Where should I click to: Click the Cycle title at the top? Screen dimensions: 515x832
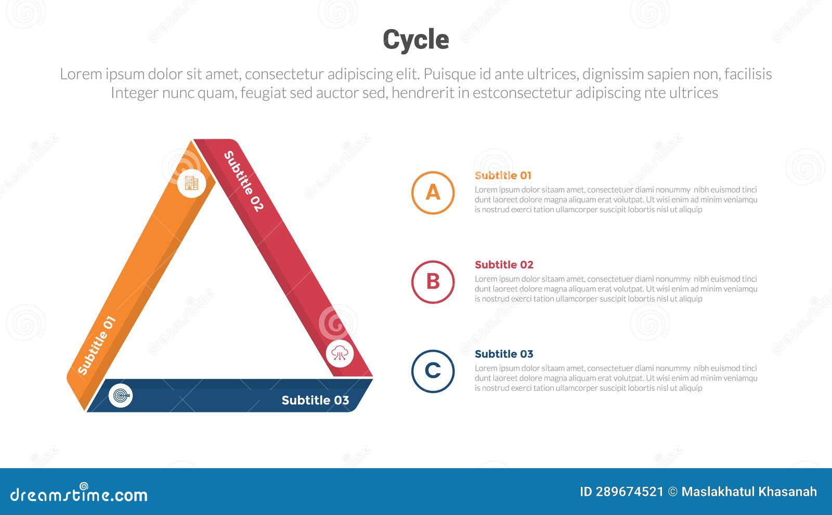416,40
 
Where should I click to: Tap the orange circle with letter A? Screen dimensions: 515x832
433,192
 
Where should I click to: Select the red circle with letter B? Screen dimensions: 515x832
433,282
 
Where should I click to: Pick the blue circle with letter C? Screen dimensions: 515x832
433,371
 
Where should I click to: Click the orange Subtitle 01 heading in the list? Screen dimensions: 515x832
503,175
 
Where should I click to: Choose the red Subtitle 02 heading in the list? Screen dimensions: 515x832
504,265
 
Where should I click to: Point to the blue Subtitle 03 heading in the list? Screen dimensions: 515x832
504,354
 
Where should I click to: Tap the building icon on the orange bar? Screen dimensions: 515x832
191,183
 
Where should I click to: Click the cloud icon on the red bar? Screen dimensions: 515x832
340,353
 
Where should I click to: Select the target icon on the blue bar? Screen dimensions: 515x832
121,396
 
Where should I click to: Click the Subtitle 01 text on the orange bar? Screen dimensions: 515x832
96,345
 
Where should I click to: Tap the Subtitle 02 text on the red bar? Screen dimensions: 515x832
243,181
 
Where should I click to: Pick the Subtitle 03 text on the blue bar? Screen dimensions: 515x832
315,400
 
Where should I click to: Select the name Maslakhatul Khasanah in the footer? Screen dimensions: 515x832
749,492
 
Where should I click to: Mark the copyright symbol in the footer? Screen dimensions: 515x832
672,492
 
